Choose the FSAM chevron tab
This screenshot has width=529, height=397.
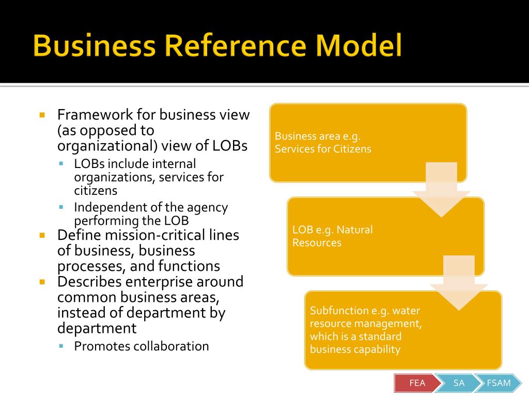coord(499,383)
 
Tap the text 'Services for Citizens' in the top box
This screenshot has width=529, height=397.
coord(323,149)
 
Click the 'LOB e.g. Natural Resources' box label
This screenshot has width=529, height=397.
coord(332,236)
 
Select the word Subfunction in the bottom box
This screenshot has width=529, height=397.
coord(338,311)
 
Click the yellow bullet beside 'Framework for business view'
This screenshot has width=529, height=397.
coord(43,115)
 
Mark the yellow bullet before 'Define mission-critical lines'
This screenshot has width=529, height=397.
coord(43,235)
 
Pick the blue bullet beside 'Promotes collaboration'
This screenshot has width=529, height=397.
coord(61,346)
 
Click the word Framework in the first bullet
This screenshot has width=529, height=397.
coord(95,114)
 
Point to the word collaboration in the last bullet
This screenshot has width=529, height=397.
coord(171,346)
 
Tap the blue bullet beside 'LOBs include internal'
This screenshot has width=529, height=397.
coord(61,164)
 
